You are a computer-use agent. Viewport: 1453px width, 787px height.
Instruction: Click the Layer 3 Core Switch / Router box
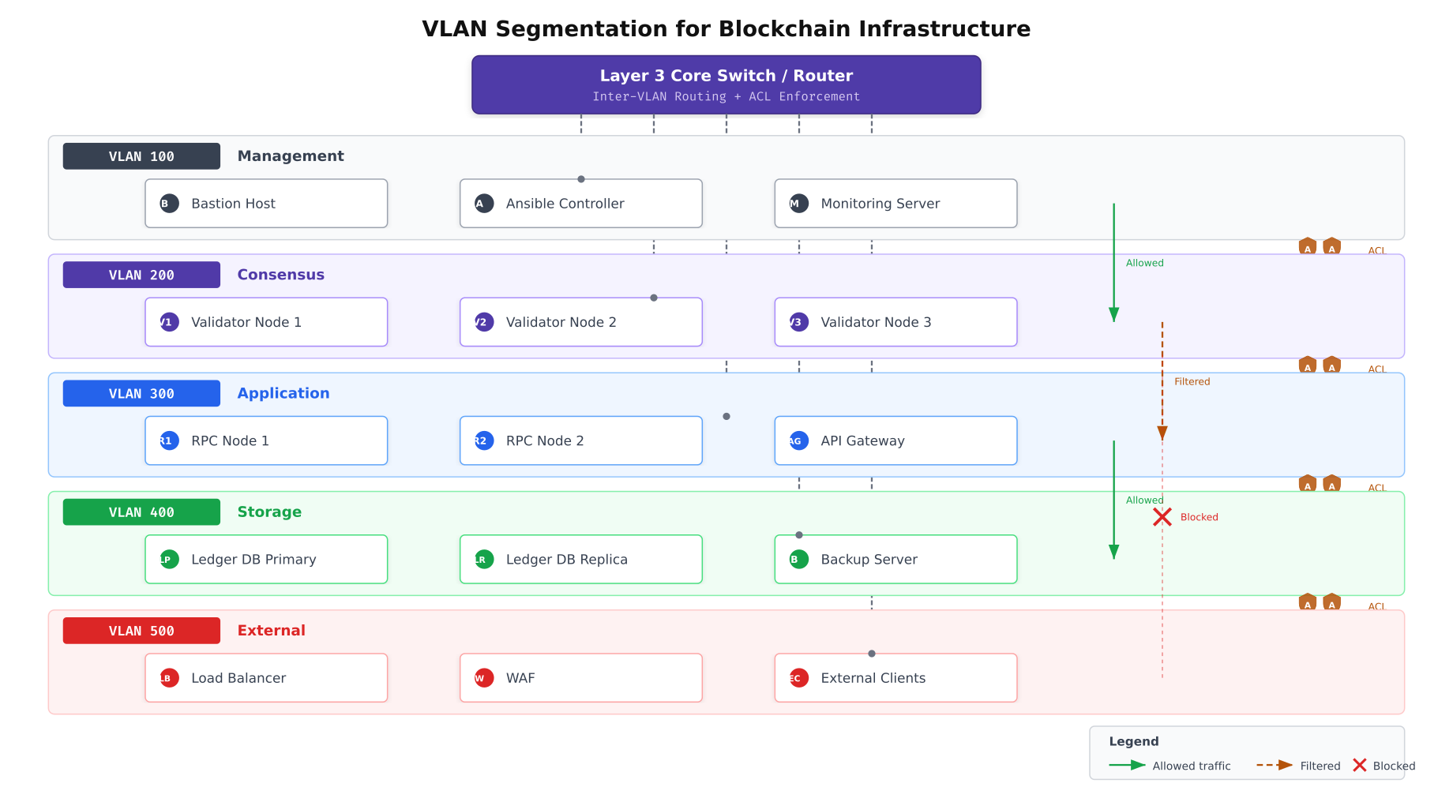pyautogui.click(x=726, y=84)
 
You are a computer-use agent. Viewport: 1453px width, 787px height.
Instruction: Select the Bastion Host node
pyautogui.click(x=266, y=204)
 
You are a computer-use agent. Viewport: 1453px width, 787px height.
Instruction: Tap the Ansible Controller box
pyautogui.click(x=580, y=204)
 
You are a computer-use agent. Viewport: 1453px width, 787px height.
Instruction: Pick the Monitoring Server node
pyautogui.click(x=895, y=204)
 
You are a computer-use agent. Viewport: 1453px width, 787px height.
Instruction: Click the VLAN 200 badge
pyautogui.click(x=141, y=275)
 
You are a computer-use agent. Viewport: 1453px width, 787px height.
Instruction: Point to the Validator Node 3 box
pyautogui.click(x=895, y=322)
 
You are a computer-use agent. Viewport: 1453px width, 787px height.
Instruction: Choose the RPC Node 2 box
pyautogui.click(x=580, y=440)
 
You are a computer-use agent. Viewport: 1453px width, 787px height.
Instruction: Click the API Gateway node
pyautogui.click(x=895, y=440)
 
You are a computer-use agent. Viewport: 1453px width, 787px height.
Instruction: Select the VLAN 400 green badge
pyautogui.click(x=141, y=512)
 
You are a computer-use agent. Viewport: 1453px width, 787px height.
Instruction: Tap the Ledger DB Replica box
pyautogui.click(x=580, y=560)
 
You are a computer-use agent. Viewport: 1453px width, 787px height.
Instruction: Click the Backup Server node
pyautogui.click(x=895, y=560)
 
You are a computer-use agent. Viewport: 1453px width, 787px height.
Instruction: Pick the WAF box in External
pyautogui.click(x=580, y=678)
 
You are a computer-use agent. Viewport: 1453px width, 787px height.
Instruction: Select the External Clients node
pyautogui.click(x=895, y=678)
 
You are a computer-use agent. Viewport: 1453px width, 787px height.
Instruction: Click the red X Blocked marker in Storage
pyautogui.click(x=1162, y=517)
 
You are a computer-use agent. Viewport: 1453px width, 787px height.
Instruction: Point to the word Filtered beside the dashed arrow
pyautogui.click(x=1192, y=382)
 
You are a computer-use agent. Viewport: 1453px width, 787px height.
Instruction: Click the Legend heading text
pyautogui.click(x=1133, y=741)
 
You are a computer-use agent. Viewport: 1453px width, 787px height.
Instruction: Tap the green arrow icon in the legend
pyautogui.click(x=1127, y=765)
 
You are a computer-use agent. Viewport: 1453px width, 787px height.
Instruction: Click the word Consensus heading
pyautogui.click(x=280, y=275)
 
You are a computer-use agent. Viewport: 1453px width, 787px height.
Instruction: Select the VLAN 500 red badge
pyautogui.click(x=141, y=631)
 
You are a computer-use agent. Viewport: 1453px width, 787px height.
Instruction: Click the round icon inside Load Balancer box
pyautogui.click(x=169, y=678)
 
